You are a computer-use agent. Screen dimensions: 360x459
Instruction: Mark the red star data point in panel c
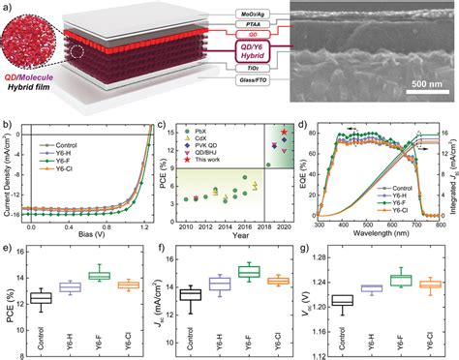[x=284, y=132]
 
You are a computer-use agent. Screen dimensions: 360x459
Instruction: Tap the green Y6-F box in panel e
[x=94, y=276]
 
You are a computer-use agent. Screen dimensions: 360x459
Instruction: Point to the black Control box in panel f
[x=190, y=294]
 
